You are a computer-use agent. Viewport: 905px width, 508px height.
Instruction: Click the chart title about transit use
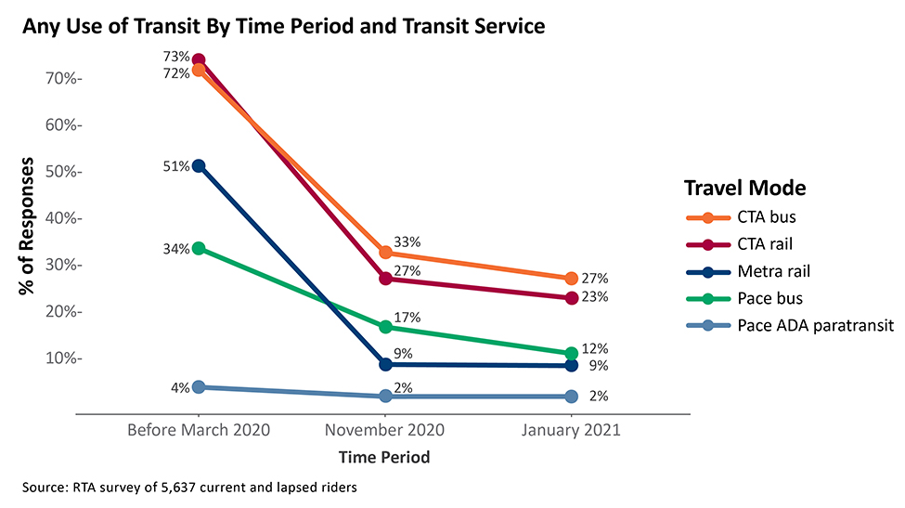tap(283, 27)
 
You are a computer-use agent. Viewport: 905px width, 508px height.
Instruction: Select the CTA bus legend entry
tap(743, 218)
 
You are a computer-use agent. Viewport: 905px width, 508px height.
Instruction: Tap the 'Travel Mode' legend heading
tap(744, 188)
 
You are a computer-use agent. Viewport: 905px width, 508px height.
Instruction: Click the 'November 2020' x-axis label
tap(384, 430)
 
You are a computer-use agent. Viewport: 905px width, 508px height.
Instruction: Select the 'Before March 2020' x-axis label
tap(199, 430)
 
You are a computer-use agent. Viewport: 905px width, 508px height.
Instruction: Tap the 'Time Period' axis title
tap(384, 458)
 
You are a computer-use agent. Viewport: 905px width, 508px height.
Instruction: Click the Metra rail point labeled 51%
tap(199, 165)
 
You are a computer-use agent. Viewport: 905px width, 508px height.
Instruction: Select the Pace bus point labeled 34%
tap(199, 249)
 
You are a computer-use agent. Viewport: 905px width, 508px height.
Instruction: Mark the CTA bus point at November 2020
tap(385, 253)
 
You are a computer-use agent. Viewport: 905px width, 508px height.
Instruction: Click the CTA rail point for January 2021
tap(571, 298)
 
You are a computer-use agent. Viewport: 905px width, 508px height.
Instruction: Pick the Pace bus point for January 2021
tap(571, 354)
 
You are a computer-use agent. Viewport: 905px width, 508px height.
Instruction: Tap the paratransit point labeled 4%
tap(199, 387)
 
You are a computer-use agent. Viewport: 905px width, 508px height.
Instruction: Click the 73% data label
tap(177, 58)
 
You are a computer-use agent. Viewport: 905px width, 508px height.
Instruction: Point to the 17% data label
tap(407, 318)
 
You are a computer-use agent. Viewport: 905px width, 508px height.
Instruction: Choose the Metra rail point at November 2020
tap(385, 365)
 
